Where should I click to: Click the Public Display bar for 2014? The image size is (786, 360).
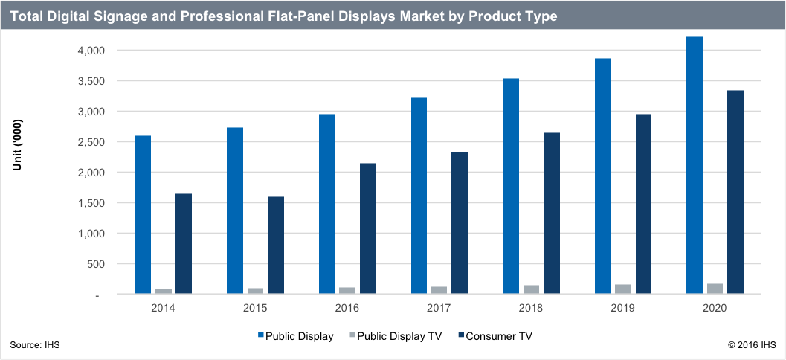(144, 215)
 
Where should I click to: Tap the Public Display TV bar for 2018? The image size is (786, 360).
(531, 289)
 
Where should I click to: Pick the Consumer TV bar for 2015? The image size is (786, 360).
(275, 245)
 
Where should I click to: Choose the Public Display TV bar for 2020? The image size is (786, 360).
(715, 289)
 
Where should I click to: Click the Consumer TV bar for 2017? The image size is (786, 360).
(460, 223)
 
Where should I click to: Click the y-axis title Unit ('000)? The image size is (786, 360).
(17, 145)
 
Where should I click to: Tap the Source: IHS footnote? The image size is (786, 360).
(35, 344)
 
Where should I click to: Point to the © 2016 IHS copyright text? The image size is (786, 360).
(752, 344)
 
